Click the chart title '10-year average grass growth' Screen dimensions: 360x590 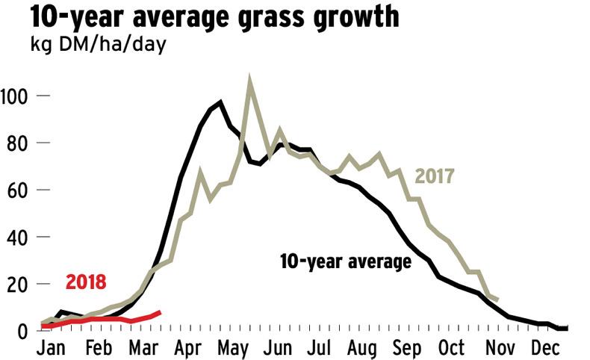pos(203,16)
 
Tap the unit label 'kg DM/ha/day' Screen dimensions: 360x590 pos(97,44)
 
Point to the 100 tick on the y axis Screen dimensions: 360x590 pos(16,96)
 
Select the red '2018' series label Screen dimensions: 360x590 pos(86,282)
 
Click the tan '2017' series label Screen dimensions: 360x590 pos(435,177)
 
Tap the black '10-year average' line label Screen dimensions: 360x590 pos(346,262)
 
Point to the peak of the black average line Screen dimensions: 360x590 pos(220,102)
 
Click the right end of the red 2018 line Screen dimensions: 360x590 pos(160,312)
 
